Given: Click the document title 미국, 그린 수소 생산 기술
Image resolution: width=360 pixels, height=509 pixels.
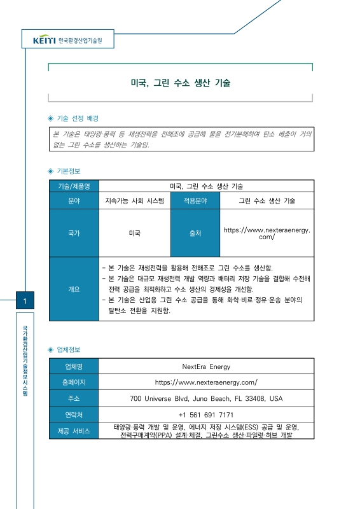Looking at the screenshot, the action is point(181,83).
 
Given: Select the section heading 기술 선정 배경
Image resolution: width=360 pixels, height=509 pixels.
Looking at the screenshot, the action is point(78,118).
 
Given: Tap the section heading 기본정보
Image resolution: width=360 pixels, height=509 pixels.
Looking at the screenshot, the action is point(69,171).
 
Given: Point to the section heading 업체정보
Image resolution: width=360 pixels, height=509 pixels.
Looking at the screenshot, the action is point(69,350).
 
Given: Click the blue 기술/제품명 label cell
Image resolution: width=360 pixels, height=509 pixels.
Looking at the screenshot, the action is point(74,186).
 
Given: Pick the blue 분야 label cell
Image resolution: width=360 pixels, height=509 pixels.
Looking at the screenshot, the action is point(74,200).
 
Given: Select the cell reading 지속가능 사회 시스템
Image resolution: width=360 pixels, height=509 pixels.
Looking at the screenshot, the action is point(134,200).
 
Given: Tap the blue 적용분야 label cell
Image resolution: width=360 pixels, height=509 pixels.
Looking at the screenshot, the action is point(195,200).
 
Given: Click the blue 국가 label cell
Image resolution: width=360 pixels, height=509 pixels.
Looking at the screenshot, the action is point(74,234).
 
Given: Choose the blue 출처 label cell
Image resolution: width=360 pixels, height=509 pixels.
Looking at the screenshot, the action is point(195,234).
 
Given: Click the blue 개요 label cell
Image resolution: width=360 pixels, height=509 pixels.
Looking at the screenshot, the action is point(74,289).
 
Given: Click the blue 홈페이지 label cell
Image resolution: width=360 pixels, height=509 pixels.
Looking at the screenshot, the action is point(74,382).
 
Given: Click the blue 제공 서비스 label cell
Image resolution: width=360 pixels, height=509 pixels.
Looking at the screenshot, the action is point(74,431).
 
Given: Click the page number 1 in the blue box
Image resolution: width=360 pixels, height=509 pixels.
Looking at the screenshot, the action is point(24,301).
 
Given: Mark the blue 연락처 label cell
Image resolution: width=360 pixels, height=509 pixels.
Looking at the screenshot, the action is point(74,415).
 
